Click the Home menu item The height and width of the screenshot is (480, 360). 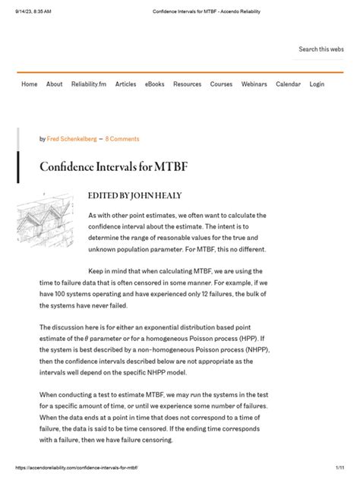pyautogui.click(x=30, y=84)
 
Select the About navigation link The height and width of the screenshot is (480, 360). pyautogui.click(x=55, y=84)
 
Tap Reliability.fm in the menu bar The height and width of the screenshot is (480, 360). pyautogui.click(x=89, y=84)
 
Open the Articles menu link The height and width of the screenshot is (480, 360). pyautogui.click(x=126, y=84)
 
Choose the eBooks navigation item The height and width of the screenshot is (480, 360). pyautogui.click(x=155, y=84)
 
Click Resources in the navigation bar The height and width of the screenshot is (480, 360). pyautogui.click(x=188, y=84)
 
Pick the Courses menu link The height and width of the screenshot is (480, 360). pyautogui.click(x=222, y=84)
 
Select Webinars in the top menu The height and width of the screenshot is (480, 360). pyautogui.click(x=254, y=84)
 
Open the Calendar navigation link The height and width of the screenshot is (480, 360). pyautogui.click(x=289, y=84)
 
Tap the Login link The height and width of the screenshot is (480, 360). pyautogui.click(x=317, y=84)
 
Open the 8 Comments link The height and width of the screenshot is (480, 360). pyautogui.click(x=122, y=139)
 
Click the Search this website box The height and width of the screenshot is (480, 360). pyautogui.click(x=321, y=49)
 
